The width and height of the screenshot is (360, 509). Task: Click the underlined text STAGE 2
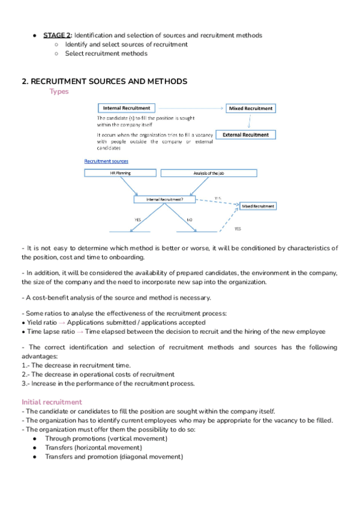tap(56, 35)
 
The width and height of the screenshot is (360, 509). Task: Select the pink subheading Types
tap(59, 92)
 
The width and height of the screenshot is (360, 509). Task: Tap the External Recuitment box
tap(245, 135)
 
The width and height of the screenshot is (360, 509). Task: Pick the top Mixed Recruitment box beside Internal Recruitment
tap(251, 109)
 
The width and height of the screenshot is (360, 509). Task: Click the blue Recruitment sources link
tap(106, 161)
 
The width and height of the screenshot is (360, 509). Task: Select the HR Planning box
tap(120, 173)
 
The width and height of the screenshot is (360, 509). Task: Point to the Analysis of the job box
tap(209, 173)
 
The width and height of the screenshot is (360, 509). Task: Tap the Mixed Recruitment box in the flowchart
tap(257, 206)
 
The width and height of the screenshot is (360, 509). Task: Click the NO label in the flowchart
tap(190, 220)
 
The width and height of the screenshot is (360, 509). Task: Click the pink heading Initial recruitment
tap(52, 402)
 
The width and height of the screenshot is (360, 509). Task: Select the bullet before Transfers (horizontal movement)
tap(37, 448)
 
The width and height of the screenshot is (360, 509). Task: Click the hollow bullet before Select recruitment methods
tap(56, 53)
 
